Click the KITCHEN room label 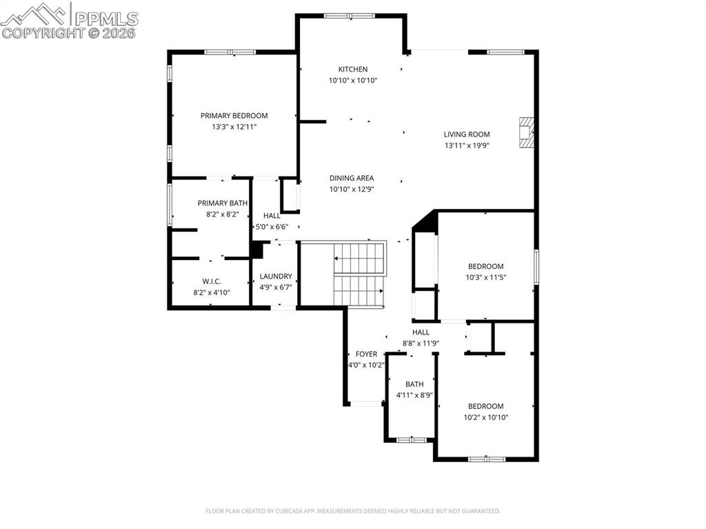352,69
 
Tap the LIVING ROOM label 467,134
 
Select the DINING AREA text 352,178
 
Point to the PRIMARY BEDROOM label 234,116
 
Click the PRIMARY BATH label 222,203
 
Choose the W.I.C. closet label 212,281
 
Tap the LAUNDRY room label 276,277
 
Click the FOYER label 366,354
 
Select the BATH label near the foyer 414,384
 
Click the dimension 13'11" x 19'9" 467,146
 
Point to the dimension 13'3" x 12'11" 234,127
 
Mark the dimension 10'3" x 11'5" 485,277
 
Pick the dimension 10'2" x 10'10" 485,417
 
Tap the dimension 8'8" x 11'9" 421,343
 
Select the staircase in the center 359,273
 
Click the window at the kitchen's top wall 350,15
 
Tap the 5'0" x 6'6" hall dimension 272,227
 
